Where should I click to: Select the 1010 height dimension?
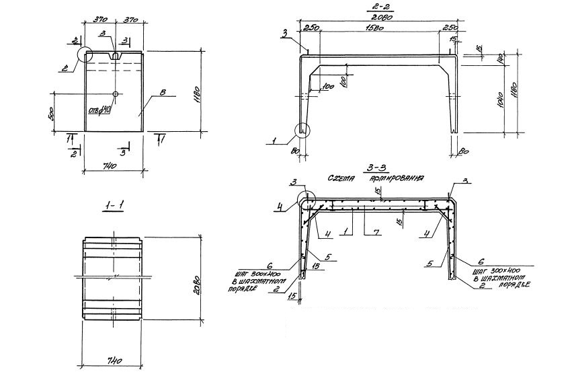pos(505,103)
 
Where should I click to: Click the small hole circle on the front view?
pos(116,93)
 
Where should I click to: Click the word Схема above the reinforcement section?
pos(342,180)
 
